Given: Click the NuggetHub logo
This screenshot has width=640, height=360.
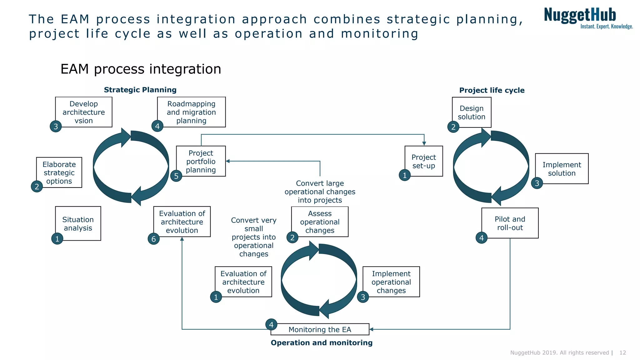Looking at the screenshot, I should point(587,18).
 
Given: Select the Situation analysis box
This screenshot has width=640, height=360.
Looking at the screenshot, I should point(78,223).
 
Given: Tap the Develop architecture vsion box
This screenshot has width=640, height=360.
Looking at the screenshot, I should point(84,112).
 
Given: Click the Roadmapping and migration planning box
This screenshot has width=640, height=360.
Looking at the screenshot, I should point(191,112).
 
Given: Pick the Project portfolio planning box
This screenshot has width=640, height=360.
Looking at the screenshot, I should point(201,161).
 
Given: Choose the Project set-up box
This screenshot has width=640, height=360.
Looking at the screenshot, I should point(424,161).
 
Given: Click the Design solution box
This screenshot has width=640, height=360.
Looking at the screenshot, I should point(472,112).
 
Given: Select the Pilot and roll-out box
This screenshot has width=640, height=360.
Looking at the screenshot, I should point(510,223).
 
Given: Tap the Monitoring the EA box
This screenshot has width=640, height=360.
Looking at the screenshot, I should point(320,329).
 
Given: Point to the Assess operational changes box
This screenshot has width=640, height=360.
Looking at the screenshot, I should point(320,222).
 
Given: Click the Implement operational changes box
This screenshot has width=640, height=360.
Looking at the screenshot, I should point(391,282).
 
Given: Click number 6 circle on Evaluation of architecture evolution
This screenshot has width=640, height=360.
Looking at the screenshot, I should point(153,239).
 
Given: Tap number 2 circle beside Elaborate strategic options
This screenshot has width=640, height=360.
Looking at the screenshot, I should point(37,187).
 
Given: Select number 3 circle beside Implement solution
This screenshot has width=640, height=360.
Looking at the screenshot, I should point(537,183).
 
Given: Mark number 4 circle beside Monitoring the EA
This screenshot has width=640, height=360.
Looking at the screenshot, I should point(271,325).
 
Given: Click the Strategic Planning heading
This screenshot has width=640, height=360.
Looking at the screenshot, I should point(140,90).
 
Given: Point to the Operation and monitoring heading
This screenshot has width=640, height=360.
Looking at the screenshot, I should point(322,343).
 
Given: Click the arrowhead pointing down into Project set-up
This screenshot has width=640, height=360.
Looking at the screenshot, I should point(424,143).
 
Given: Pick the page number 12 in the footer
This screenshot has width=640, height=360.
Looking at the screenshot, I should point(622,352).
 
